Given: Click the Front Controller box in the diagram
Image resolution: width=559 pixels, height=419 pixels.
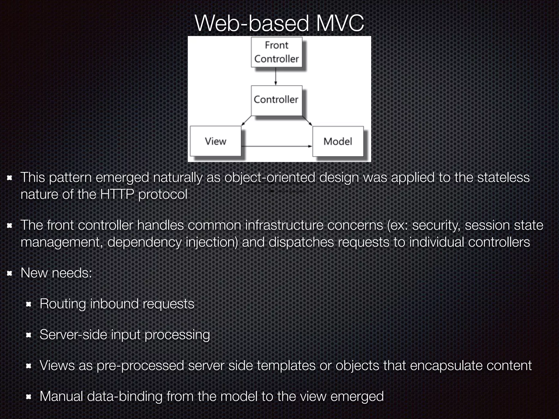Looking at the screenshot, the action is pyautogui.click(x=276, y=52).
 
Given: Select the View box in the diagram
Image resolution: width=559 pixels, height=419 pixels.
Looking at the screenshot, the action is pyautogui.click(x=216, y=141).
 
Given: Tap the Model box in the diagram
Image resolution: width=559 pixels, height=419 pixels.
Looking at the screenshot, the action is pyautogui.click(x=338, y=141).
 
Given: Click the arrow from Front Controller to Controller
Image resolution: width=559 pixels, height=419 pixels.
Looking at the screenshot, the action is pyautogui.click(x=276, y=76).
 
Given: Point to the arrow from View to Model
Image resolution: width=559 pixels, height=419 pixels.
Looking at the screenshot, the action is pyautogui.click(x=276, y=146).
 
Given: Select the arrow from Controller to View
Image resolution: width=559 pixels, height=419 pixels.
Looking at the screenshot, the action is pyautogui.click(x=246, y=121).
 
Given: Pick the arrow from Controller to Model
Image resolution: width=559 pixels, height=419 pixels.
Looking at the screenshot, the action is pyautogui.click(x=307, y=121).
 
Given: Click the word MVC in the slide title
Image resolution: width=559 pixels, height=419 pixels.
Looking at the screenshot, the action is pyautogui.click(x=340, y=23).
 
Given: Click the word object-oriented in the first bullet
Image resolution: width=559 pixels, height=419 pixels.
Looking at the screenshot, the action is pyautogui.click(x=270, y=178).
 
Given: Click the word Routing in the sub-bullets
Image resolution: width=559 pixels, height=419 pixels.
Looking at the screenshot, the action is pyautogui.click(x=63, y=304).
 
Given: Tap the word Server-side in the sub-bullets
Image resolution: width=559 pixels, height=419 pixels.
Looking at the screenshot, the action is pyautogui.click(x=73, y=335).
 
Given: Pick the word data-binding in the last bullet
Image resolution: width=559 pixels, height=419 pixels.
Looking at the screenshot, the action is pyautogui.click(x=125, y=396).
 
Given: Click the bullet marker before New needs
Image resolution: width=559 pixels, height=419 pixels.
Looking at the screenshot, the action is pyautogui.click(x=10, y=273).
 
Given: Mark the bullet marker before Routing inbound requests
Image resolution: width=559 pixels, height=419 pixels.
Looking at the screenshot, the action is pyautogui.click(x=29, y=304).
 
